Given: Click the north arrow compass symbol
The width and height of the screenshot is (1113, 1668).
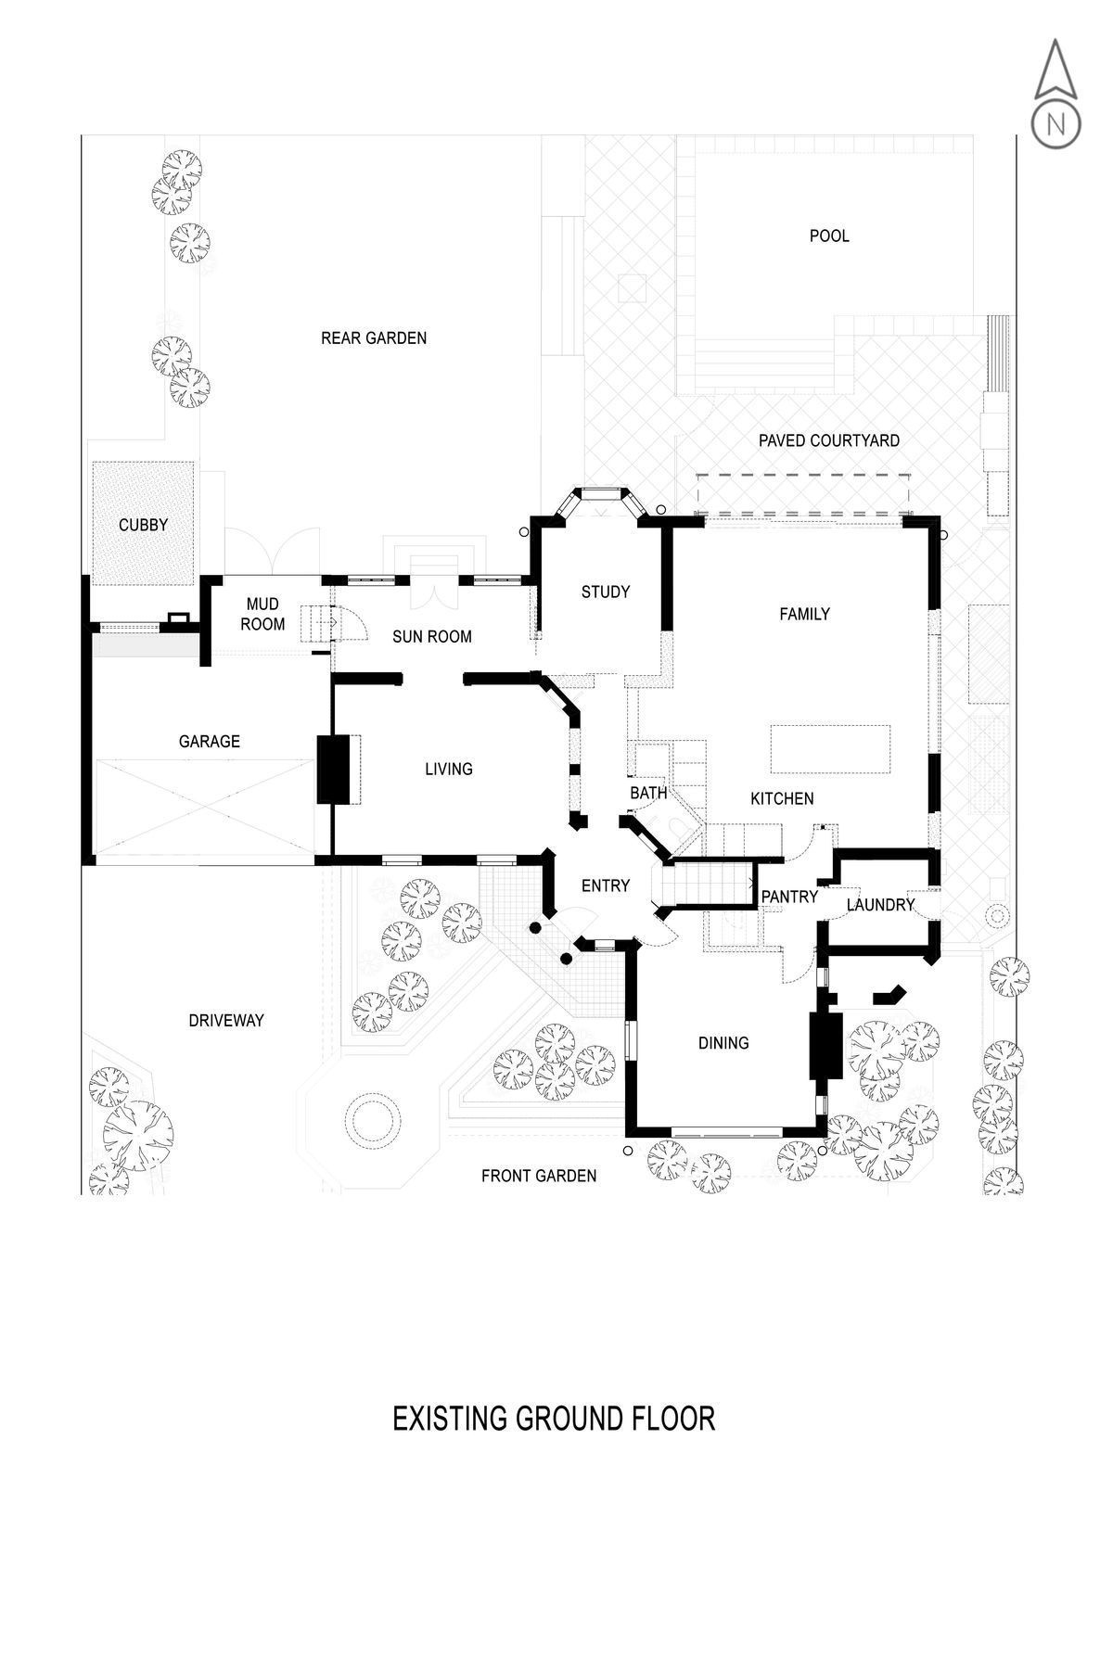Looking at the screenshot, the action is [x=1055, y=93].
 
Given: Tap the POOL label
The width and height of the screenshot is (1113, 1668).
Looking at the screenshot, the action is [x=829, y=236].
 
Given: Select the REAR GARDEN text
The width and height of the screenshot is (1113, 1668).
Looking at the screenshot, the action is [x=374, y=337].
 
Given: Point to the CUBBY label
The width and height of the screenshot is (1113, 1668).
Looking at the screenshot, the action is [x=144, y=525].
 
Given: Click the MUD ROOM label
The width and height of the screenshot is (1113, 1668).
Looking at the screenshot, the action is [x=262, y=615].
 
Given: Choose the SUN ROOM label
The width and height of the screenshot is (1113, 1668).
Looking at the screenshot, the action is [x=432, y=636].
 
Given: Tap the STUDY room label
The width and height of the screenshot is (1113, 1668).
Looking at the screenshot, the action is [x=606, y=592].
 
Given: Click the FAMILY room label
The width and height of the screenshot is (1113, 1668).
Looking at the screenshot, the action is [x=804, y=613].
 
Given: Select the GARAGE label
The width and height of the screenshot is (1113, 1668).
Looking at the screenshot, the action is [x=210, y=741].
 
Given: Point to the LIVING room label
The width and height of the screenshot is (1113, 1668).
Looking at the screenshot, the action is [x=449, y=769].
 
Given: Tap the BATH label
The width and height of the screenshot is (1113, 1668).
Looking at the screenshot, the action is [x=648, y=793].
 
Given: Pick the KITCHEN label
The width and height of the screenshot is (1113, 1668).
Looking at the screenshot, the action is [x=782, y=798].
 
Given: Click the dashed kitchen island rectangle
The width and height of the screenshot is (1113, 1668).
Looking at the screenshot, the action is [x=831, y=749].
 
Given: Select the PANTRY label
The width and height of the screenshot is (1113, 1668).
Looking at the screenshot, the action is [x=789, y=897].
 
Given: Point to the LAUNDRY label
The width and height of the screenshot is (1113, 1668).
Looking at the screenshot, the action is [x=880, y=904].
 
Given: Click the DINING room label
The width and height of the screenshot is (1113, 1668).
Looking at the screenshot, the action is [x=723, y=1043].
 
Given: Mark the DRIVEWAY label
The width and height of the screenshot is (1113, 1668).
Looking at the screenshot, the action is [x=226, y=1020].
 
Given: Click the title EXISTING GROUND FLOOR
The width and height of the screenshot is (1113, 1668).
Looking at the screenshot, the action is [x=554, y=1419].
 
